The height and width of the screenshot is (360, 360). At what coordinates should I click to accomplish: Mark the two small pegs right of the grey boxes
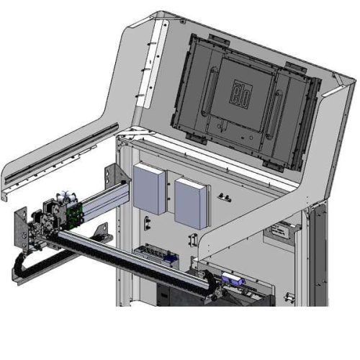click(x=225, y=196)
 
